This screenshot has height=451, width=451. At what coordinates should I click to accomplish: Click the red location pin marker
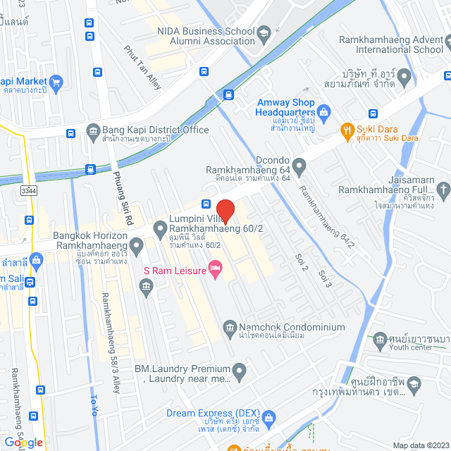point(225,211)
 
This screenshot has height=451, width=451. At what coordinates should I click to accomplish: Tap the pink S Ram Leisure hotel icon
point(216,268)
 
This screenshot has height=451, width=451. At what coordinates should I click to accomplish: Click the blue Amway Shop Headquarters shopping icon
point(323,111)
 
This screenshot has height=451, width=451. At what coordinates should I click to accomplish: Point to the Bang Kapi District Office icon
point(93,130)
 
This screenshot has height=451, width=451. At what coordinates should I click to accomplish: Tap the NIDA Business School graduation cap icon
point(264,32)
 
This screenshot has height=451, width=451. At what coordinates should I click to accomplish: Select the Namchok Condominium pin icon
point(229,327)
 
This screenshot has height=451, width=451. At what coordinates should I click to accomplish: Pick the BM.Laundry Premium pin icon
point(240,370)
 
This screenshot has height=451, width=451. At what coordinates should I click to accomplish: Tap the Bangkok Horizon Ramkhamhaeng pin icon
point(136,246)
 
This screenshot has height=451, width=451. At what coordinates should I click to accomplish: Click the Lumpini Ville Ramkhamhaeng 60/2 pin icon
point(159,228)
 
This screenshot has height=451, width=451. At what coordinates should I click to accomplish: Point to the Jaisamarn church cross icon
point(443,189)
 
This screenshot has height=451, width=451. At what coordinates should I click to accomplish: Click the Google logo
point(23,442)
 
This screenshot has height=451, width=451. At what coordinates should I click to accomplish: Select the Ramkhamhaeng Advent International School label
point(391,44)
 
